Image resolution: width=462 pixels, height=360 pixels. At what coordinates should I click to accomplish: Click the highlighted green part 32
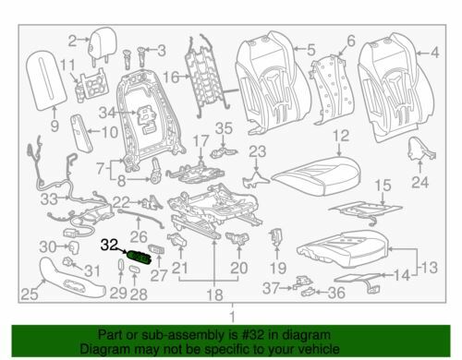click(x=140, y=257)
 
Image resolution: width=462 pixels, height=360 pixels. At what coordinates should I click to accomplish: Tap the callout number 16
click(x=171, y=78)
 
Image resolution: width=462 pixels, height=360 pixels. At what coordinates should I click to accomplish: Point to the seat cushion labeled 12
click(x=316, y=175)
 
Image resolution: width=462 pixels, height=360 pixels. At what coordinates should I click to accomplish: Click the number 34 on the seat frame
click(x=107, y=113)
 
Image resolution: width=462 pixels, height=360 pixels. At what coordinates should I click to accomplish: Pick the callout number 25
click(x=30, y=294)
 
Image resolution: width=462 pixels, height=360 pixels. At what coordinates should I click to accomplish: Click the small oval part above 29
click(x=121, y=264)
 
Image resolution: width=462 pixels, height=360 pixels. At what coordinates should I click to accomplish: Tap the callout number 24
click(x=420, y=183)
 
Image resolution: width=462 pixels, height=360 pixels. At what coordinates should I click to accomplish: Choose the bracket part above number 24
click(x=419, y=150)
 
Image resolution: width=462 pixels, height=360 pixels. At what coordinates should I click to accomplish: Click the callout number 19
click(x=278, y=268)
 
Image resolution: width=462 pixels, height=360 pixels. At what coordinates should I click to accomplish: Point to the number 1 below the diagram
click(x=233, y=317)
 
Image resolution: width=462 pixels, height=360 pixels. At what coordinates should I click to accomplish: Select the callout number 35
click(x=224, y=128)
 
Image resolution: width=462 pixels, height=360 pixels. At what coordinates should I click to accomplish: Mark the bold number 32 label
click(x=109, y=245)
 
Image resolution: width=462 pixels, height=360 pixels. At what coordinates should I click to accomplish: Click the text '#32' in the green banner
click(x=254, y=335)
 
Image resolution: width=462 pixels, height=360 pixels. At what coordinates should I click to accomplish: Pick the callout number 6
click(x=351, y=41)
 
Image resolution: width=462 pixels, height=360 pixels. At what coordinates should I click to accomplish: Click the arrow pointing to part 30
click(x=63, y=246)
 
